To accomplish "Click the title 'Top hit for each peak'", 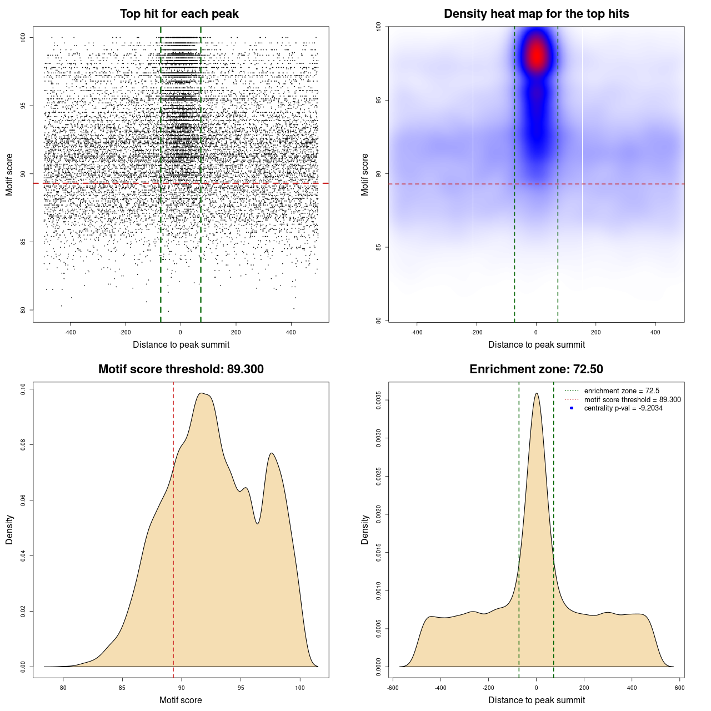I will click(x=179, y=14).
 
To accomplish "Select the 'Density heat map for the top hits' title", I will click(x=536, y=14).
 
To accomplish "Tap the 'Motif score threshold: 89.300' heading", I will click(x=181, y=369).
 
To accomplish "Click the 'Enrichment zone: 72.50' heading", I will click(x=536, y=369).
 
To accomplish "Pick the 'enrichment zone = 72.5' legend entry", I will click(x=622, y=391).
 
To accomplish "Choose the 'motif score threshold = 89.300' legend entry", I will click(x=632, y=399).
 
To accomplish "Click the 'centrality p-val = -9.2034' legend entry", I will click(x=623, y=408).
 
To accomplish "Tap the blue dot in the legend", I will click(x=572, y=408).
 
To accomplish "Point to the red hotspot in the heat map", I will click(x=537, y=54).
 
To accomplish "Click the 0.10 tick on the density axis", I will click(x=23, y=389).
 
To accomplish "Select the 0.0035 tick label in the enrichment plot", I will click(x=378, y=400).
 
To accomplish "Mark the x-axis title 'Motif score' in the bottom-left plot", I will click(x=181, y=700).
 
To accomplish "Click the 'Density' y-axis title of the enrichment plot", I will click(x=365, y=529).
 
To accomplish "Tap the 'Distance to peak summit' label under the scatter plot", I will click(x=181, y=345).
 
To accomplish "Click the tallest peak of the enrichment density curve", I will click(x=536, y=394).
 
